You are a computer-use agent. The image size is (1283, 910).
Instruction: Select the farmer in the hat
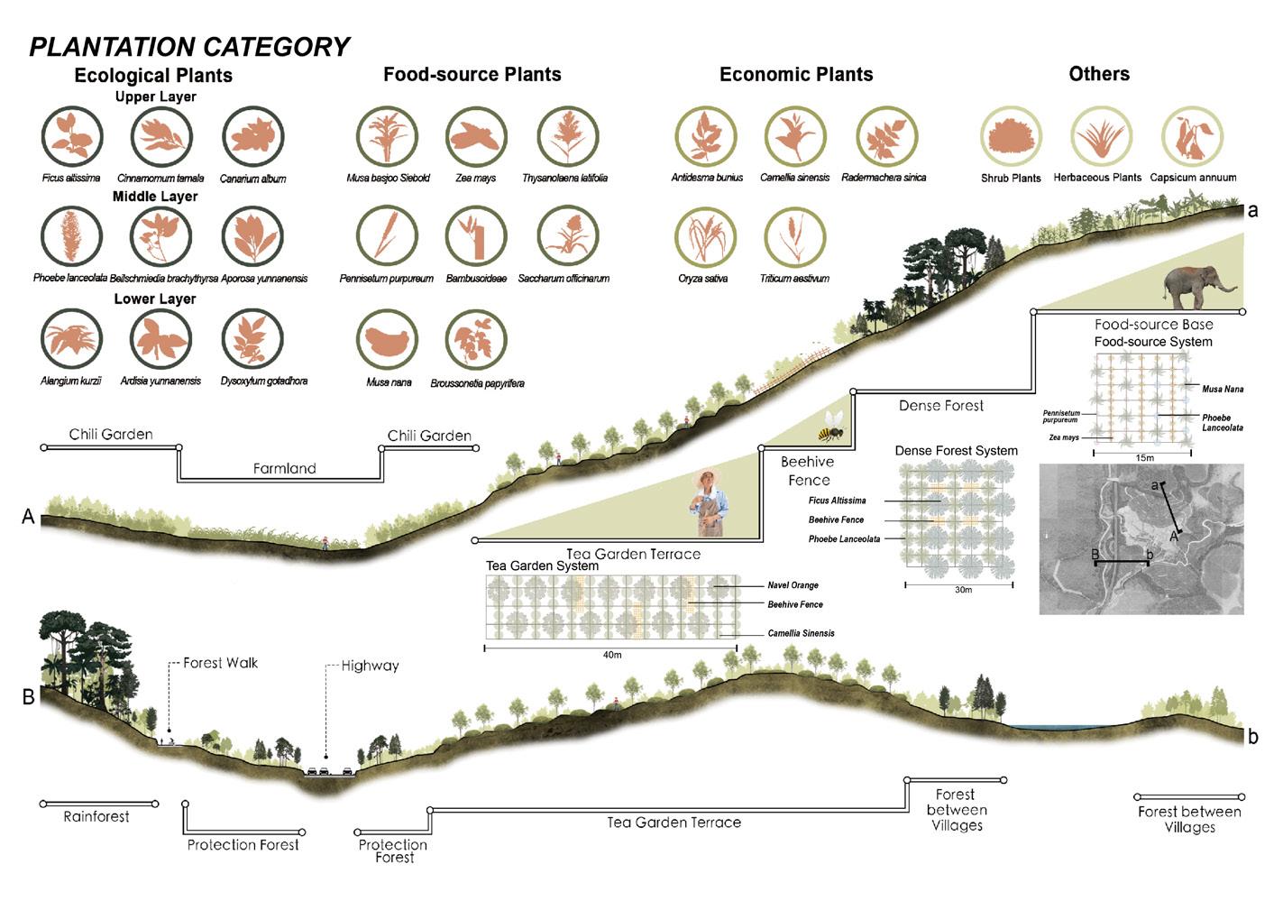point(709,503)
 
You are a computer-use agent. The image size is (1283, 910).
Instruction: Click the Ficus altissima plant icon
point(72,137)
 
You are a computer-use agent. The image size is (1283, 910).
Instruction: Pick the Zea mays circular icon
point(476,137)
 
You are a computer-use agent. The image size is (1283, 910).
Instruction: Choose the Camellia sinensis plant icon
point(795,137)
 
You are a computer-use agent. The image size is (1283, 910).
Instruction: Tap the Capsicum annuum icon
point(1192,137)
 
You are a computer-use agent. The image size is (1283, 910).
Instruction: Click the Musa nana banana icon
point(388,341)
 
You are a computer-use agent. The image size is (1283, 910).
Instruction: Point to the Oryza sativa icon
point(705,238)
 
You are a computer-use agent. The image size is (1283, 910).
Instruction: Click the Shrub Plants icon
point(1011,137)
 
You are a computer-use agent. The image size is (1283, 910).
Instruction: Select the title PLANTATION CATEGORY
point(189,47)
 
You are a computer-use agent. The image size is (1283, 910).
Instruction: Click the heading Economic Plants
point(796,75)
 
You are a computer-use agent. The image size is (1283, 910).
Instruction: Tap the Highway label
point(370,666)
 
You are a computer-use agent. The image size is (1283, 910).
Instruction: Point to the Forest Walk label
point(220,663)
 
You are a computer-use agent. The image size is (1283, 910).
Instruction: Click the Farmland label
point(284,469)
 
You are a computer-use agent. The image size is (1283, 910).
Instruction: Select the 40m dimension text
point(612,655)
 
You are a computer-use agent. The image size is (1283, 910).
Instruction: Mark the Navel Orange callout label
point(793,585)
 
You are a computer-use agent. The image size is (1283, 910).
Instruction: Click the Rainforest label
point(96,817)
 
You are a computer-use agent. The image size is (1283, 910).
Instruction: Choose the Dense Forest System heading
point(956,451)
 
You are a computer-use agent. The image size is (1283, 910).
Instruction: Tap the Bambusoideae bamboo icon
point(476,238)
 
